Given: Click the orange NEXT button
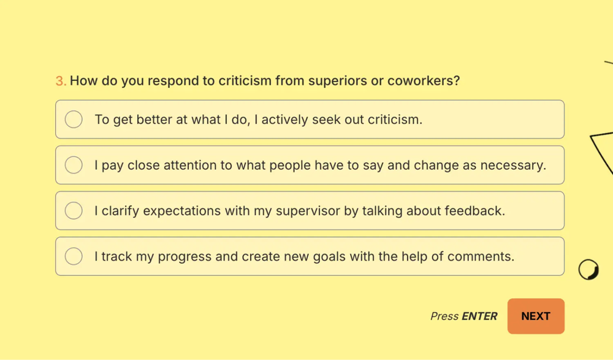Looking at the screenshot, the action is coord(536,316).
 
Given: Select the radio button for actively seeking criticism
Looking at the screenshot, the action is coord(74,120).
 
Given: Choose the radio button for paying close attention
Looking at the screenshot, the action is coord(74,165).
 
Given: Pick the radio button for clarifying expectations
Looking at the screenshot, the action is coord(74,210).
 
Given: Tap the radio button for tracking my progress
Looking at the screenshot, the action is coord(74,256).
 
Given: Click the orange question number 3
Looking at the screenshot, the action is coord(61,81).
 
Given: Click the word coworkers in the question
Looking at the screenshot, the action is coord(424,80).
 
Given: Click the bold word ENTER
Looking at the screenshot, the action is coord(480,316).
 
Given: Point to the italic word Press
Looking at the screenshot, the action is coord(444,316).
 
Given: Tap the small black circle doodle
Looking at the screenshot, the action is coord(588,270).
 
